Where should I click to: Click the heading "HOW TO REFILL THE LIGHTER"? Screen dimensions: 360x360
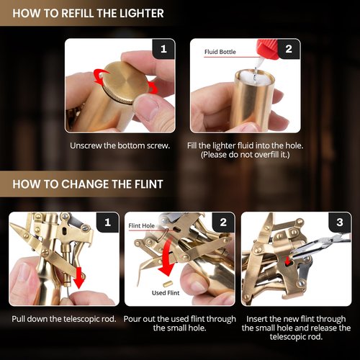(88, 13)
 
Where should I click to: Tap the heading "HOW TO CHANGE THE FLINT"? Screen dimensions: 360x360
(88, 184)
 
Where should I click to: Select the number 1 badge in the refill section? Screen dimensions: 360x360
(164, 49)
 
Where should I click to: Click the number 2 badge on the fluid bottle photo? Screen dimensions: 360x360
(289, 49)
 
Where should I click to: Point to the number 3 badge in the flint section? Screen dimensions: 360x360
(340, 222)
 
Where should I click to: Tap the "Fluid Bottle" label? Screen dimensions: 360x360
(220, 52)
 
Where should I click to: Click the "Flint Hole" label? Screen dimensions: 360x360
(141, 225)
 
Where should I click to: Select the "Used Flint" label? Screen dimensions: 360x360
(166, 293)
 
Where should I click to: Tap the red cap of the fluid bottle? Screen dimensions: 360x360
(269, 49)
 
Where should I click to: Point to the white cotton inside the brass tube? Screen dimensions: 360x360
(254, 76)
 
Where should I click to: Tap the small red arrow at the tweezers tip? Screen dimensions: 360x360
(286, 261)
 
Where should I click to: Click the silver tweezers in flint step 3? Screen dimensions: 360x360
(319, 246)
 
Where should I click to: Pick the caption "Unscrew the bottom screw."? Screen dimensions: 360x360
(120, 145)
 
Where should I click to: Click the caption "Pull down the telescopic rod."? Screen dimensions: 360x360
(64, 319)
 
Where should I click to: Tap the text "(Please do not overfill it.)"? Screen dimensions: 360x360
(245, 155)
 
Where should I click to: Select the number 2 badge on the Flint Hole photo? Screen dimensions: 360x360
(223, 222)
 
